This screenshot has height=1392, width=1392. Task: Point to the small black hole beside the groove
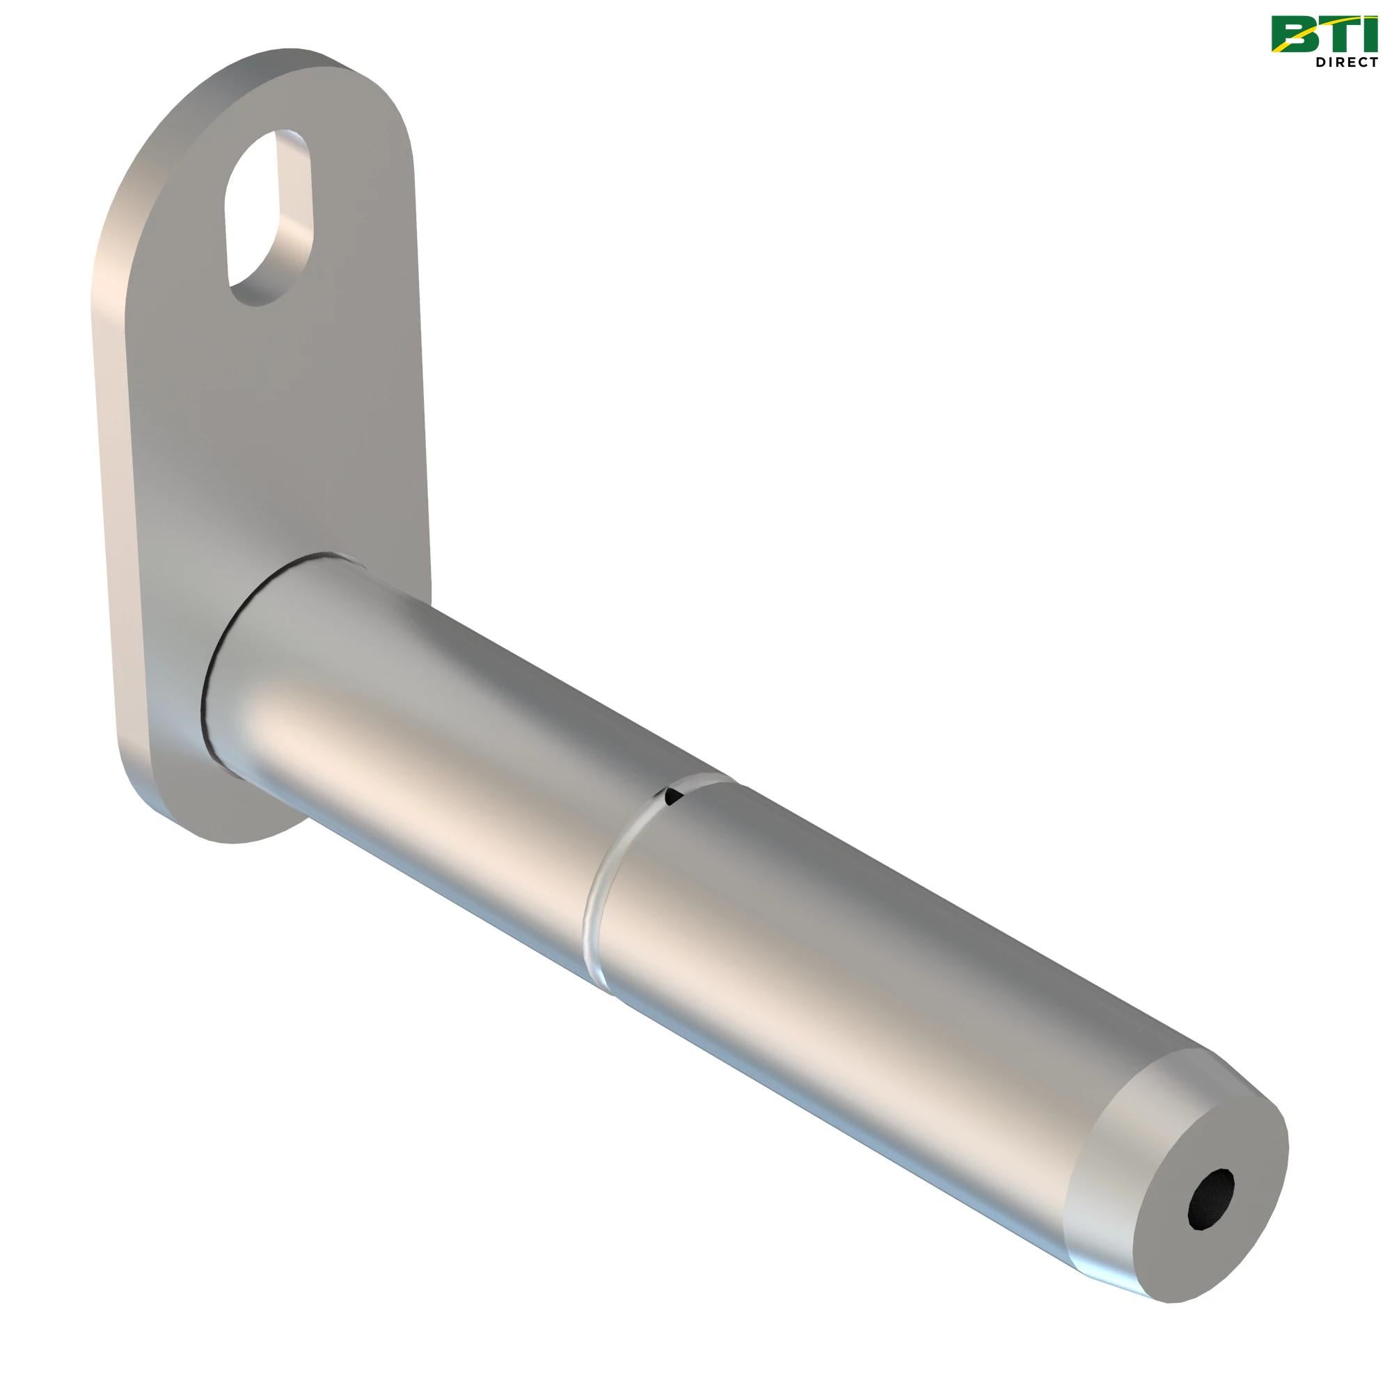click(x=673, y=797)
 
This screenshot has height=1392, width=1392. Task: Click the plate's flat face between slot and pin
click(x=288, y=432)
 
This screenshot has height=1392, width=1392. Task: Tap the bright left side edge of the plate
click(x=108, y=432)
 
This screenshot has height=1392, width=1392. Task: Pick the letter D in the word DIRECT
click(x=1322, y=63)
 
